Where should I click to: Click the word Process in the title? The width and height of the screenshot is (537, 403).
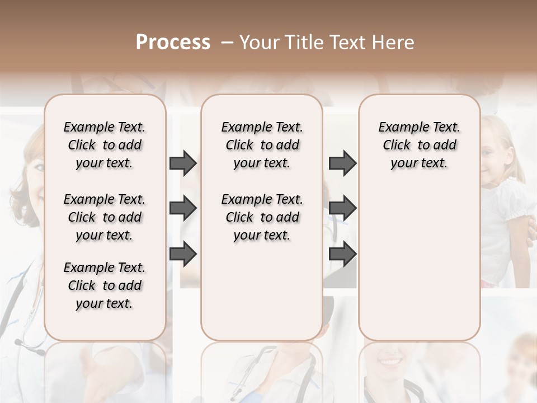173,43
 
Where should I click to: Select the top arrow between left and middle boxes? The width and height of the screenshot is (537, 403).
183,163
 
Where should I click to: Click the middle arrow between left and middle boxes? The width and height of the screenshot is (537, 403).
183,208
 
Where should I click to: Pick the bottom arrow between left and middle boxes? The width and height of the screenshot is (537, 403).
183,254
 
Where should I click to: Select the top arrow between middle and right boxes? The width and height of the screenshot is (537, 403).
342,163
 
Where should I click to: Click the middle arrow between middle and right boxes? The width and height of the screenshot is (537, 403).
342,208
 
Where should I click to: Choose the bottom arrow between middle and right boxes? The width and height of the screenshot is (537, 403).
342,254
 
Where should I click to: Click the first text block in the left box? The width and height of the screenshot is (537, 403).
105,145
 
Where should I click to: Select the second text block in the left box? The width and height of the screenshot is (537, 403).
105,217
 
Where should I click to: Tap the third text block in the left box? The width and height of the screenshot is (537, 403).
105,285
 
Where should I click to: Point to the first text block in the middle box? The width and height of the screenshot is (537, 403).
262,145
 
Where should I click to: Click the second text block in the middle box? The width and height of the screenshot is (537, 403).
262,217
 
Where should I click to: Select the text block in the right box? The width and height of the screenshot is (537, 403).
419,145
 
